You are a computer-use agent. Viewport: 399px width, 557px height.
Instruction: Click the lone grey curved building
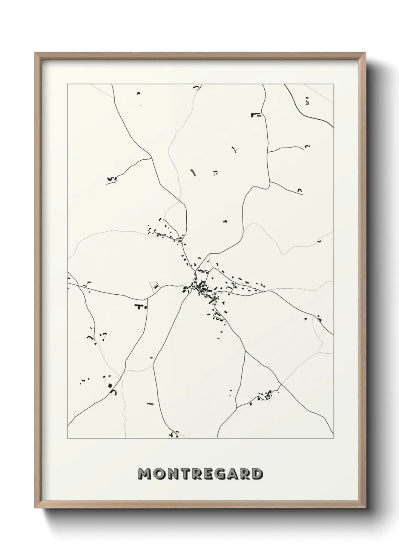193,172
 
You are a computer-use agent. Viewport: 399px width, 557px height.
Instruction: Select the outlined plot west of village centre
155,286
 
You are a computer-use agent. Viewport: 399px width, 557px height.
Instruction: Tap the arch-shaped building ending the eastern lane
300,191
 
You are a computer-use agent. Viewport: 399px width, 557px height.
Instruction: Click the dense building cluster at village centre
200,288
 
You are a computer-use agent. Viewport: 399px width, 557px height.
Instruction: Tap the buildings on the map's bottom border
175,435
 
